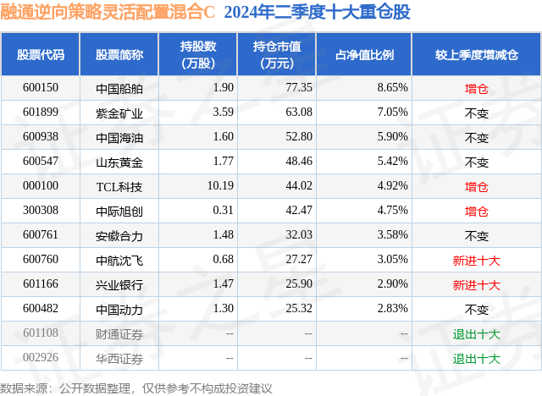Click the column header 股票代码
(x=41, y=54)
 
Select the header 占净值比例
(x=371, y=54)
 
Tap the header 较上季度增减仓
(x=477, y=54)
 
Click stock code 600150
(x=41, y=87)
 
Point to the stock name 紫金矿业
(x=119, y=112)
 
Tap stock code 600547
(x=41, y=162)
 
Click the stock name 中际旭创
(x=119, y=211)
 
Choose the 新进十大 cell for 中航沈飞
(x=477, y=261)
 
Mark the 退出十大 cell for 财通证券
(x=477, y=334)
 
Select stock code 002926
(x=41, y=359)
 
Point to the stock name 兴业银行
(x=119, y=285)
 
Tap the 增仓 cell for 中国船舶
(x=477, y=87)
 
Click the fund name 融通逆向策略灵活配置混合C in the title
(x=109, y=14)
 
